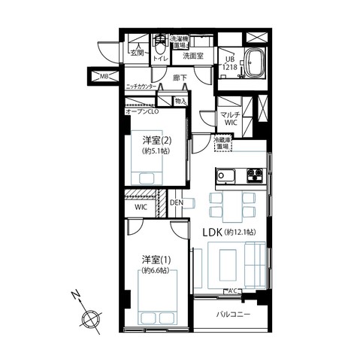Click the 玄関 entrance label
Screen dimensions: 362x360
pyautogui.click(x=137, y=53)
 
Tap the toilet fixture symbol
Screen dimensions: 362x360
pyautogui.click(x=160, y=43)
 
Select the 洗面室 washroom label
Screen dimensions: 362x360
pyautogui.click(x=193, y=55)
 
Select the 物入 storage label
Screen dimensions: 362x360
pyautogui.click(x=180, y=100)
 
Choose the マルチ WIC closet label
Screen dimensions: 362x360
pyautogui.click(x=229, y=119)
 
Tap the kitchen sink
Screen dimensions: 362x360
pyautogui.click(x=225, y=176)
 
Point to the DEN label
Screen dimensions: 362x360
pyautogui.click(x=176, y=202)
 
